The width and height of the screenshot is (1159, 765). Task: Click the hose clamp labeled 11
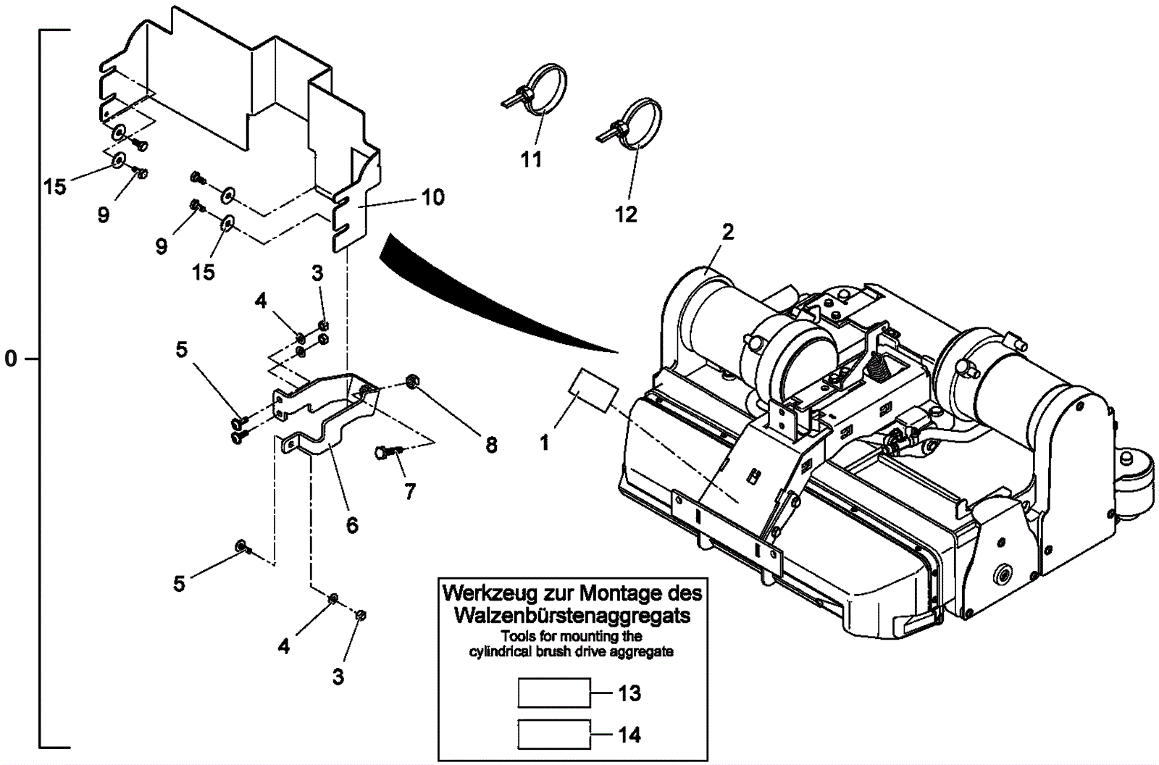(x=535, y=89)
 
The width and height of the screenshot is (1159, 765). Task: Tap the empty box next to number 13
(x=554, y=693)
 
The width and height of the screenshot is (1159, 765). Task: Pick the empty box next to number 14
(x=554, y=735)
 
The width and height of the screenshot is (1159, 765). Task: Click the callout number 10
(x=433, y=197)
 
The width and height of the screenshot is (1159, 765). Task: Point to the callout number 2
(x=728, y=233)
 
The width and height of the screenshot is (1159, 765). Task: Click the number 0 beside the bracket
(x=11, y=358)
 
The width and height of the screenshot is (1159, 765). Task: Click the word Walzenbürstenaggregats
(x=572, y=616)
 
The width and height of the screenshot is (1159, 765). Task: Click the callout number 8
(x=491, y=445)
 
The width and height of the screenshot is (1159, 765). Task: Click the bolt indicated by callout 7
(x=388, y=452)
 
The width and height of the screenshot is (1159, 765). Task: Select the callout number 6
(x=352, y=525)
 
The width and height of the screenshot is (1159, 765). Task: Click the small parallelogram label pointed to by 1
(x=594, y=390)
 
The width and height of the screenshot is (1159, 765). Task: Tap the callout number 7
(x=410, y=491)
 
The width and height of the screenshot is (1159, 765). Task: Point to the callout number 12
(x=626, y=214)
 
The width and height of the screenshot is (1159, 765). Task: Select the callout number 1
(x=544, y=443)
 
